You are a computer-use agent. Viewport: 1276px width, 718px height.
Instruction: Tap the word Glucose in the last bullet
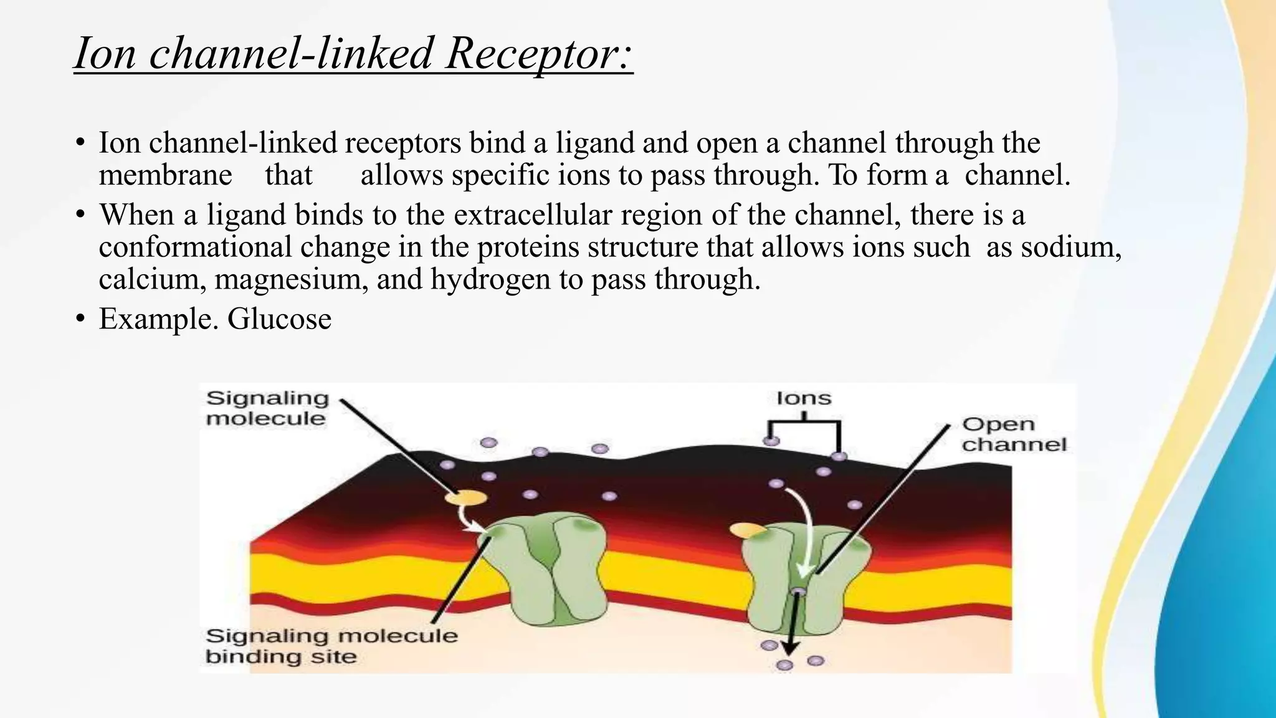[x=279, y=319]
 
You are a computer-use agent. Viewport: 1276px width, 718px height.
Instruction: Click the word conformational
[x=195, y=247]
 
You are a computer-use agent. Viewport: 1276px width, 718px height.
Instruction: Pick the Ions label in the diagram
[x=804, y=398]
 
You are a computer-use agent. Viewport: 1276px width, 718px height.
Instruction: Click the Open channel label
[x=1014, y=434]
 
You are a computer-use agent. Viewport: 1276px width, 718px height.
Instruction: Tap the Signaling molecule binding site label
[x=331, y=646]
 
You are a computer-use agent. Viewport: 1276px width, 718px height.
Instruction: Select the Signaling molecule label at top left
[x=267, y=408]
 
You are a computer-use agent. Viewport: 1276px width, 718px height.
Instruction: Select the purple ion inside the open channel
[x=797, y=591]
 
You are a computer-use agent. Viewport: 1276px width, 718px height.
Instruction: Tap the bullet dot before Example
[x=80, y=319]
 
